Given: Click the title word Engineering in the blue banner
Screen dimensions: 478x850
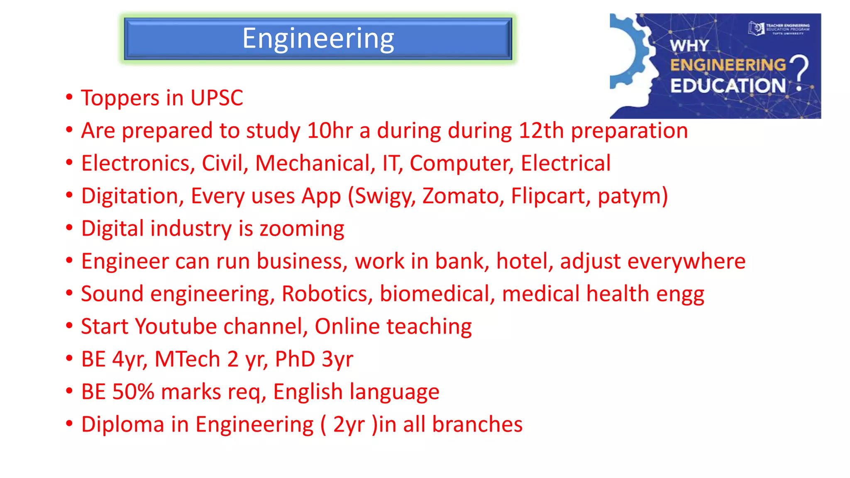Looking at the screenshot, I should [318, 39].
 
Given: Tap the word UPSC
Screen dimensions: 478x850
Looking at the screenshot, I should [216, 98].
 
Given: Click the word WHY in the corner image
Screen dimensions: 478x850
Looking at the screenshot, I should [689, 46].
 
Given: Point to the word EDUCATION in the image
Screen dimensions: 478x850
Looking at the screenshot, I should [728, 86].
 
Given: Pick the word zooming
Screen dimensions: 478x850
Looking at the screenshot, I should [302, 229].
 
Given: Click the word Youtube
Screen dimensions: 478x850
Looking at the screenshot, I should [176, 327].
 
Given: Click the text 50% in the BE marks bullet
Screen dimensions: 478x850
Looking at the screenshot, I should [133, 392].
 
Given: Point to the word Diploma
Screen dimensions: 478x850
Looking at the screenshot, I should [122, 424].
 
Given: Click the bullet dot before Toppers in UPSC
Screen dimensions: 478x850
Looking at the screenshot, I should [69, 98].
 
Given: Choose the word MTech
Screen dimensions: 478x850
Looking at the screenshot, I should [187, 359].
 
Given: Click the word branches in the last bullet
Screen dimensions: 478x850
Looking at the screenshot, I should [477, 424].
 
